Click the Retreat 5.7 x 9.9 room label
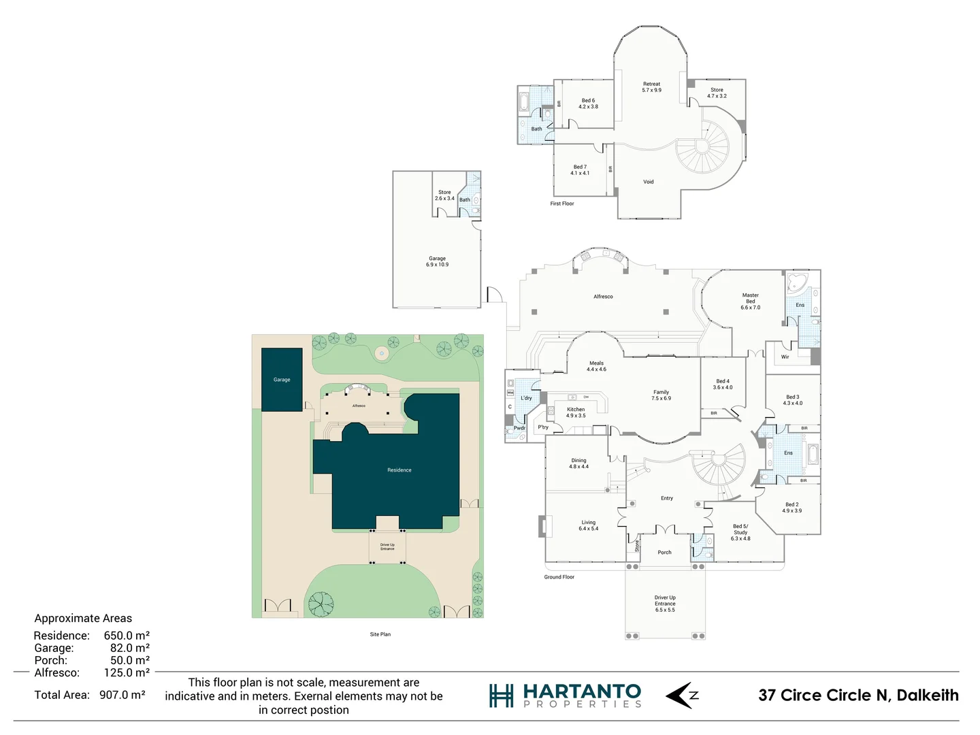(x=651, y=87)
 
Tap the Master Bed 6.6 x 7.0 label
(x=750, y=301)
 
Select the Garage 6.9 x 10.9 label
(x=437, y=261)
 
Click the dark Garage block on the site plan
(x=282, y=380)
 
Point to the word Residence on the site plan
(x=399, y=470)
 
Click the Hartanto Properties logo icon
(x=501, y=696)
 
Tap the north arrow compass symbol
(x=681, y=695)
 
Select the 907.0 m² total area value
(x=122, y=695)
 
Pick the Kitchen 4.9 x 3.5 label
(x=576, y=412)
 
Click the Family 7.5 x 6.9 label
(x=661, y=395)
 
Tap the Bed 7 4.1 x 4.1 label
(x=580, y=169)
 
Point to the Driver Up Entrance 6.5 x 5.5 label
(x=665, y=604)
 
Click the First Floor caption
(x=562, y=203)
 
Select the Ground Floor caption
(x=559, y=577)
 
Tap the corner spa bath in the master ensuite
(x=796, y=284)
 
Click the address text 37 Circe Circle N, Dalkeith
(x=858, y=695)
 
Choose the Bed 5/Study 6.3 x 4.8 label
(x=740, y=532)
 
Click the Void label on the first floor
(x=648, y=182)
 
